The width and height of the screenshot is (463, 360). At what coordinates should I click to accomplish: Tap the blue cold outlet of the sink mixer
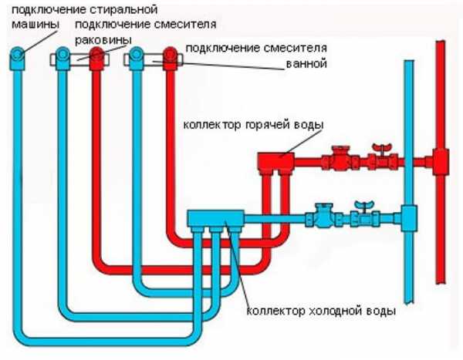[63, 56]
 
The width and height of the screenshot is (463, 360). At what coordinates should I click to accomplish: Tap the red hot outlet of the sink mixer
[96, 56]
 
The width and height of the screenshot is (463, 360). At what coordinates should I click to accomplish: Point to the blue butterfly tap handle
[359, 205]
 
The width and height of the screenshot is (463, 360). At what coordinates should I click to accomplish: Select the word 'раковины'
[109, 39]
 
